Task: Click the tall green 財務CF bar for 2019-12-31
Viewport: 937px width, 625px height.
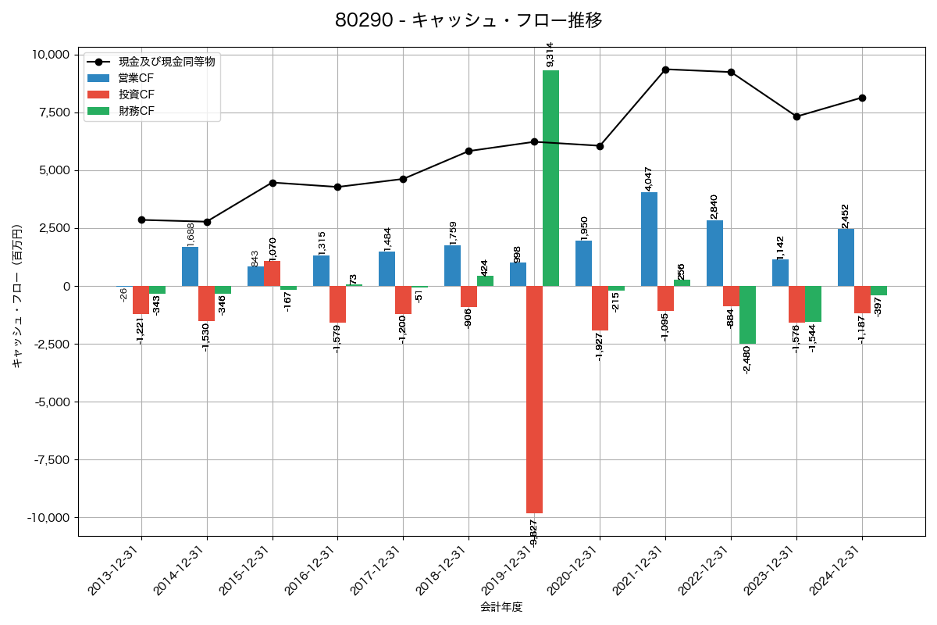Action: coord(550,178)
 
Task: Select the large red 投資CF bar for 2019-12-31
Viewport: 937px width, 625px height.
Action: coord(534,399)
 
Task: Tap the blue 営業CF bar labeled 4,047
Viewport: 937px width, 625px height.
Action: coord(649,239)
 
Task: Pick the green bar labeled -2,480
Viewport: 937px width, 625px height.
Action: coord(747,315)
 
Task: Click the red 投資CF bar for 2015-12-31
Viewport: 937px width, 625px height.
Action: coord(272,273)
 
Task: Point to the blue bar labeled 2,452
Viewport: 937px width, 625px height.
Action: coord(846,257)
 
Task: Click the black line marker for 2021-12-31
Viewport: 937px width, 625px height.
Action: coord(665,70)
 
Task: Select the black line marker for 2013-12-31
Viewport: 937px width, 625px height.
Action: coord(141,220)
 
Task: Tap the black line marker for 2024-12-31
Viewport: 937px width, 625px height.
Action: coord(862,98)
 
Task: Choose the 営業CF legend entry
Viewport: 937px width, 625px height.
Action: coord(136,77)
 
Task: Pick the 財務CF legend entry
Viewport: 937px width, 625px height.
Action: coord(136,111)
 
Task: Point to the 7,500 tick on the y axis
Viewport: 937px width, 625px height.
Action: coord(54,112)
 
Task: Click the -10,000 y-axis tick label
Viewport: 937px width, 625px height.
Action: coord(49,518)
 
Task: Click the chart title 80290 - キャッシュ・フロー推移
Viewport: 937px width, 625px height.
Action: coord(468,20)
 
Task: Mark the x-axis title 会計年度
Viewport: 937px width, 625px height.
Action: coord(501,607)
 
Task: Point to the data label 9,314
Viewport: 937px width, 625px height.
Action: coord(550,55)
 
